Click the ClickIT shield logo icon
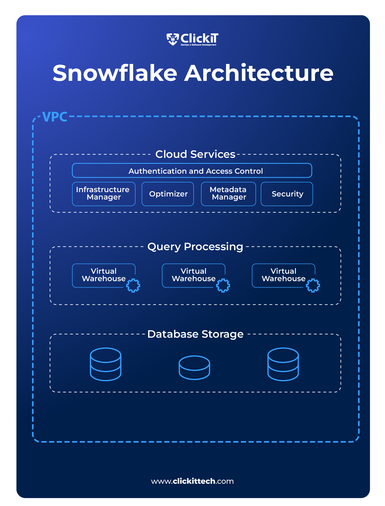tap(173, 39)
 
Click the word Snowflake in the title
tap(115, 73)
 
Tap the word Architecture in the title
tap(259, 73)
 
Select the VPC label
tap(55, 117)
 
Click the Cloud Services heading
tap(195, 154)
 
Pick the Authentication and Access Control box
tap(192, 171)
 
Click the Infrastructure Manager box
tap(104, 194)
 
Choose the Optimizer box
tap(168, 194)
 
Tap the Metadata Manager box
tap(228, 194)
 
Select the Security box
tap(287, 194)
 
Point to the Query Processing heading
tap(195, 247)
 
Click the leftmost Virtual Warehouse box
tap(104, 275)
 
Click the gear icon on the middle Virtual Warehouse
tap(223, 285)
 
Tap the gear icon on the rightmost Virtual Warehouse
tap(313, 285)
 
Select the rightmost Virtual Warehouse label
tap(283, 275)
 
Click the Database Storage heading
tap(195, 334)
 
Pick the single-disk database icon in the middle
tap(194, 367)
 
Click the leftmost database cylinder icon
tap(106, 364)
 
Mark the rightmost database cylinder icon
tap(283, 364)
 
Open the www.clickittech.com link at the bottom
tap(192, 481)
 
